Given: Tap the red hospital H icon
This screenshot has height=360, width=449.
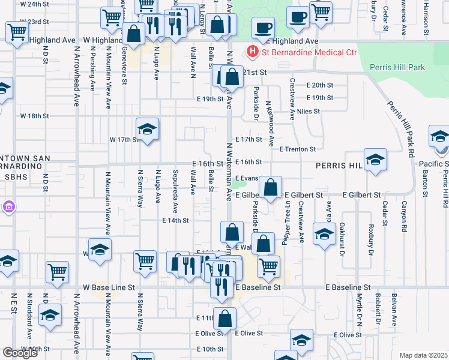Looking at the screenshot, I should click(x=253, y=53).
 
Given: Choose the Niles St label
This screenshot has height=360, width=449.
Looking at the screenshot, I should click(x=309, y=112).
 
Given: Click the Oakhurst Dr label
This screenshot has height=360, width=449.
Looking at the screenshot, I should click(x=342, y=240).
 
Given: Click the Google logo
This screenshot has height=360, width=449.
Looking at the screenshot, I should click(x=20, y=353).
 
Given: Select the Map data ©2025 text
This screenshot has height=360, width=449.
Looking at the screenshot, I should click(x=423, y=355).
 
